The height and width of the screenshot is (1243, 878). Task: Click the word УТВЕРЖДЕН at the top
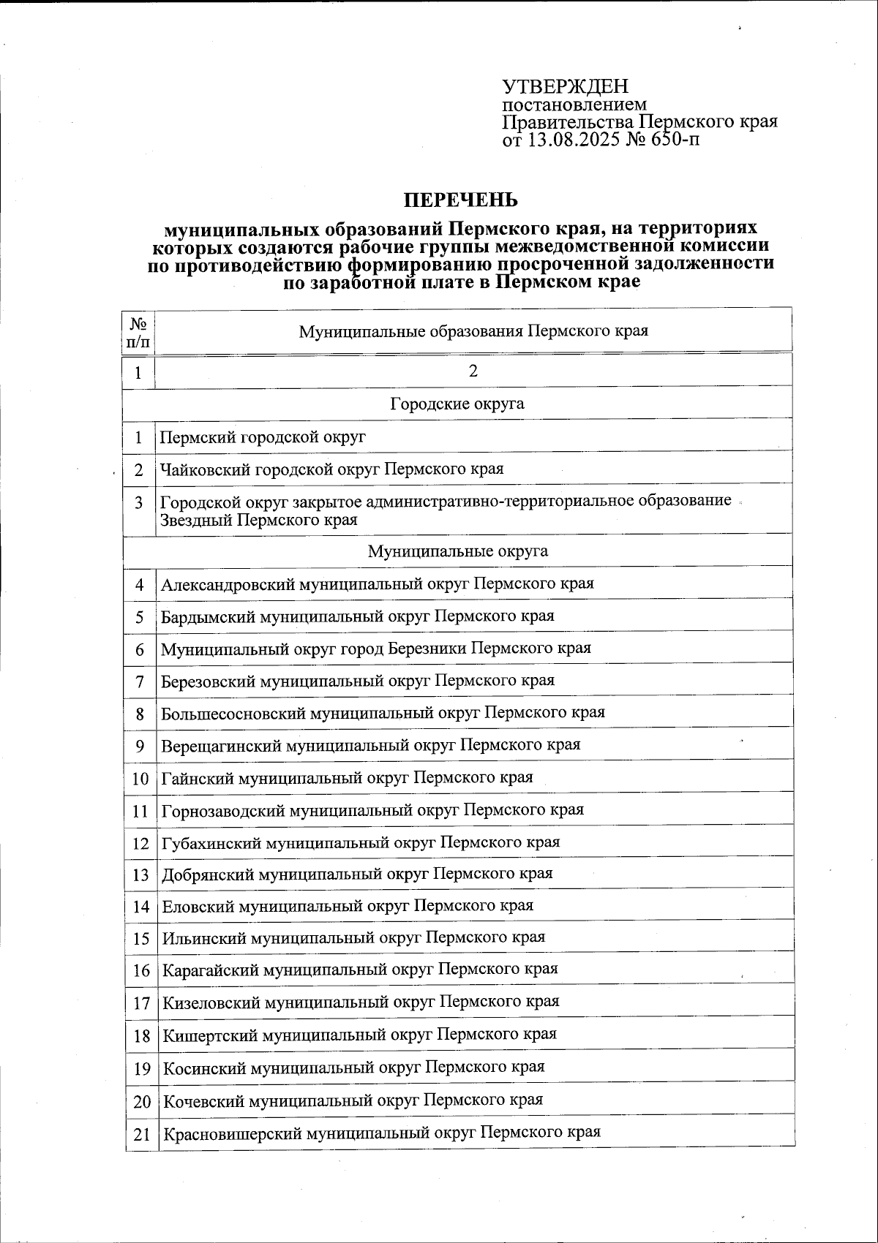coord(565,87)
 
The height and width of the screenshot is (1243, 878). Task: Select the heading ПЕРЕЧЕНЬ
coord(461,200)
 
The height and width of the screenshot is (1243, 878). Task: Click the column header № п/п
coord(139,331)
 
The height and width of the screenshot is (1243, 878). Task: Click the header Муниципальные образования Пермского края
coord(473,331)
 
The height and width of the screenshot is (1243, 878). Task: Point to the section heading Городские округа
coord(457,404)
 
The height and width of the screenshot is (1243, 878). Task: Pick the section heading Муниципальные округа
coord(457,551)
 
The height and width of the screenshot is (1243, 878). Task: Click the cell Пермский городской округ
coord(263,437)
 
